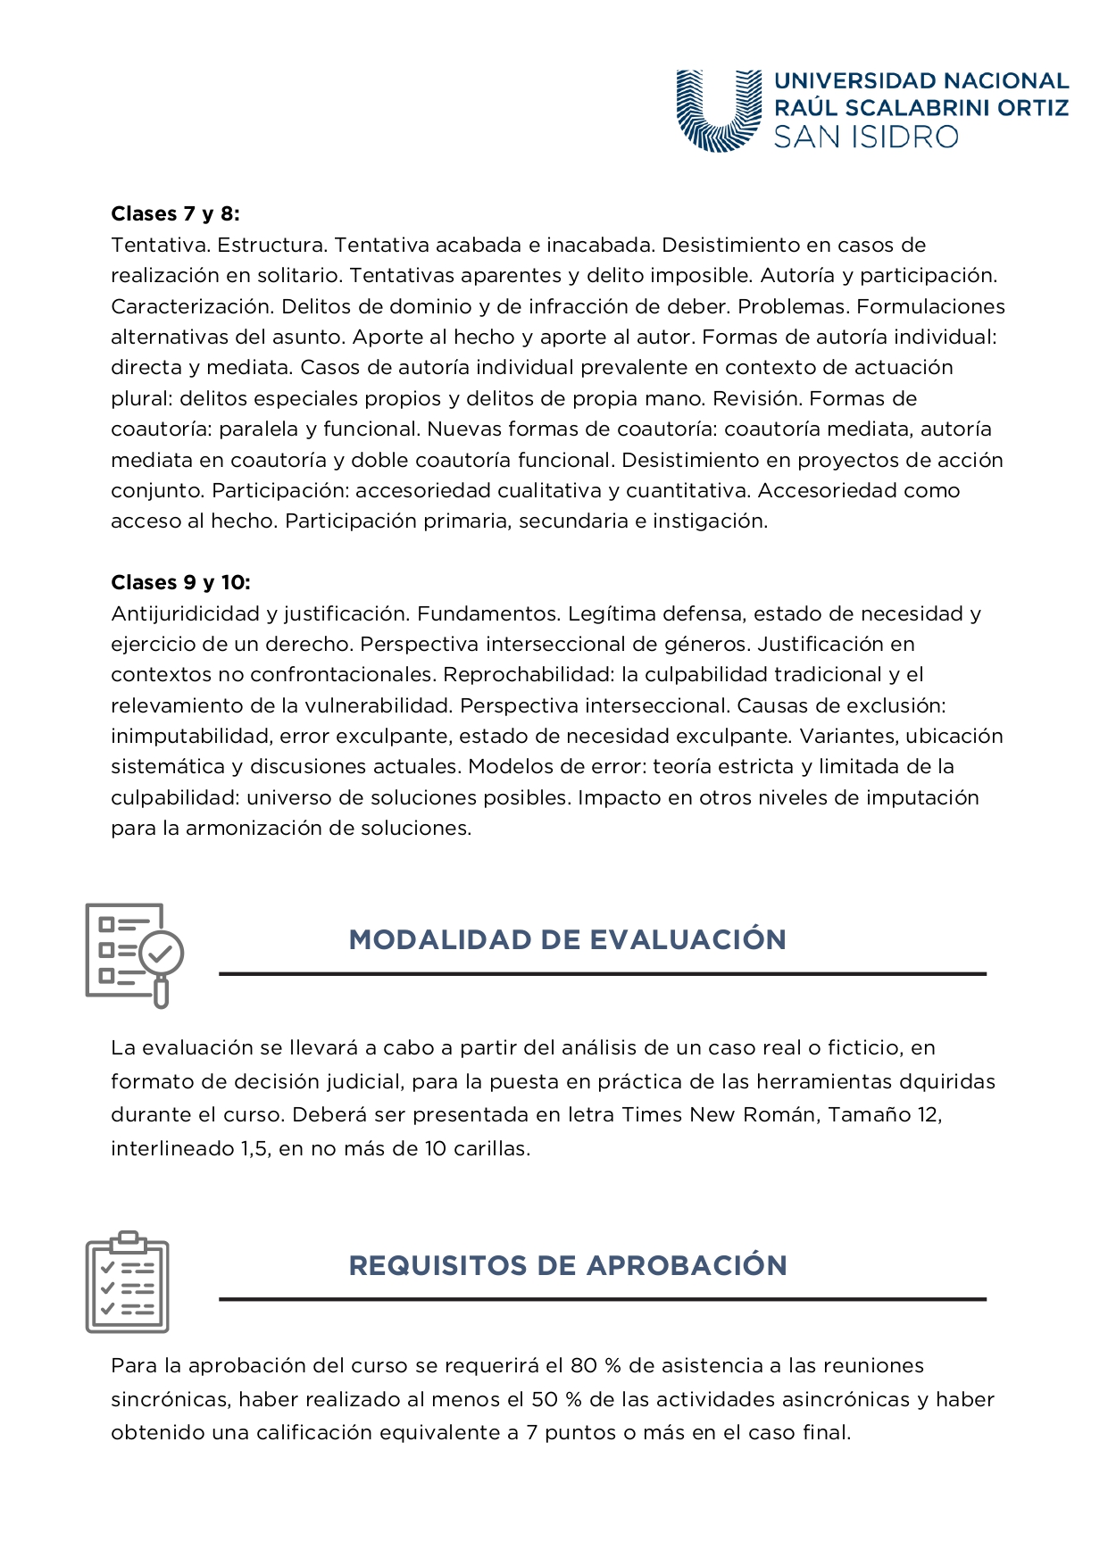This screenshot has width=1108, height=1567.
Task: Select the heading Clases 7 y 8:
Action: (x=175, y=214)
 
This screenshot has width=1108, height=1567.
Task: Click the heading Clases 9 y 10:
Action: (x=180, y=583)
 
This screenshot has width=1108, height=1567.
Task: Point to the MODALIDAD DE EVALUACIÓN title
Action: (x=567, y=940)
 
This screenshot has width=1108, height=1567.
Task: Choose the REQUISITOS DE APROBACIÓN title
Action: (x=567, y=1266)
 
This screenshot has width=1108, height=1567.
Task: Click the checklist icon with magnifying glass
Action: (x=134, y=954)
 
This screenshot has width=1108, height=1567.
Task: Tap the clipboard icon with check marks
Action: (x=128, y=1281)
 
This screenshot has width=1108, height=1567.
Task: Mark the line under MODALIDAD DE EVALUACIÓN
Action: (x=603, y=974)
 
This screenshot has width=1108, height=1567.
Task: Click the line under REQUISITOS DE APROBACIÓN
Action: (x=603, y=1300)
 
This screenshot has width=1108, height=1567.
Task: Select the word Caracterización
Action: (x=192, y=307)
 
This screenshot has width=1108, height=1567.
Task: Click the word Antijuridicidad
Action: (x=185, y=614)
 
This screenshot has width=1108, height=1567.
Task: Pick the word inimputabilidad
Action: (x=191, y=737)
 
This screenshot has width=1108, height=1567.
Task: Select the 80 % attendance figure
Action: (x=596, y=1366)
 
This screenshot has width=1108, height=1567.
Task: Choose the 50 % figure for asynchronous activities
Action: (x=557, y=1400)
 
